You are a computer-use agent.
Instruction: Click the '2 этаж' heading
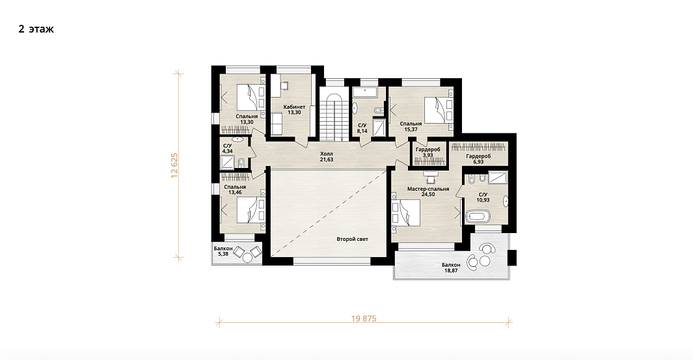tap(36, 29)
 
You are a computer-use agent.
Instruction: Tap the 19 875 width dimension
tap(364, 318)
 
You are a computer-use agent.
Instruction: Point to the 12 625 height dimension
tap(174, 165)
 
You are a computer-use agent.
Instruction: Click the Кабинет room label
tap(294, 109)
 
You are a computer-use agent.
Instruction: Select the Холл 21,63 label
tap(327, 156)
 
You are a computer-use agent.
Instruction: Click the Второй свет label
tap(352, 240)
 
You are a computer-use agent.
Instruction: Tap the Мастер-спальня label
tap(428, 191)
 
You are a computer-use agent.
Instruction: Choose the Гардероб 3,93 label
tap(428, 152)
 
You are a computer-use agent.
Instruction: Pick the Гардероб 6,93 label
tap(478, 159)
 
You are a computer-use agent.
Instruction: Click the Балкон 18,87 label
tap(451, 268)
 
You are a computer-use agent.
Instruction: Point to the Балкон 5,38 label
tap(223, 251)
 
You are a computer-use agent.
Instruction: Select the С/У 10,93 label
tap(483, 197)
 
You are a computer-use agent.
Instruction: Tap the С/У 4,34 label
tap(227, 148)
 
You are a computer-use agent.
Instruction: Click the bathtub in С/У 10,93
tap(478, 217)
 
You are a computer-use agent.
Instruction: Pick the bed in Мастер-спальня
tap(405, 213)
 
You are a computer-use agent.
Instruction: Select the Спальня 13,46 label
tap(235, 189)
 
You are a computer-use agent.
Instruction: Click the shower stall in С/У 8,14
tap(379, 127)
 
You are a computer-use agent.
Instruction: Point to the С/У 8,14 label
tap(362, 128)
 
